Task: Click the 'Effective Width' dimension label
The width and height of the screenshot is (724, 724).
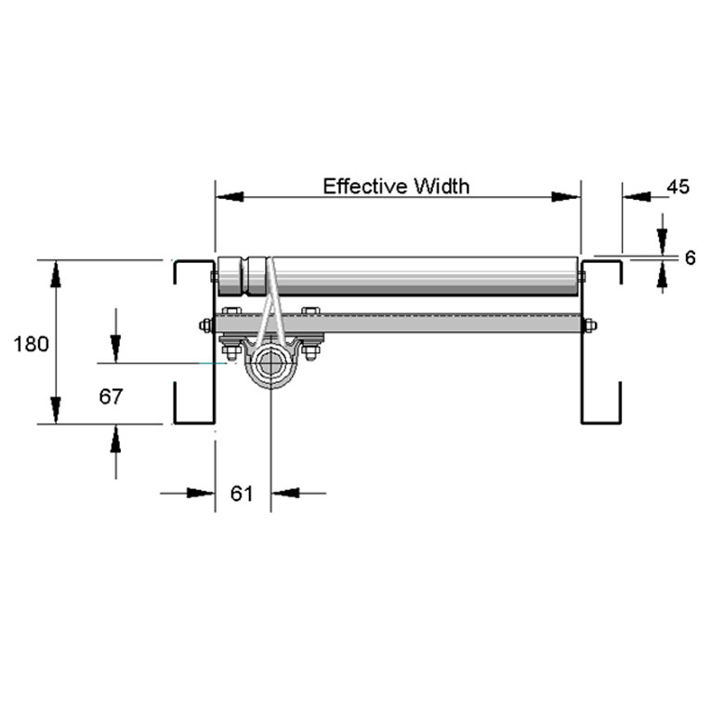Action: [396, 186]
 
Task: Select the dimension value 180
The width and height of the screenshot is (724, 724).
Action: [31, 344]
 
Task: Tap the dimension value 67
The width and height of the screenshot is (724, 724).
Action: [111, 397]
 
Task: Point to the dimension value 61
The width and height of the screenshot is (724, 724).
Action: [242, 494]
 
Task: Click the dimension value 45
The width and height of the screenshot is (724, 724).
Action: [678, 187]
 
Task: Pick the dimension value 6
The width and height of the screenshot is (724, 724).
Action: [690, 258]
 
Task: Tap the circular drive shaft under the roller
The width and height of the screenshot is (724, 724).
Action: [270, 365]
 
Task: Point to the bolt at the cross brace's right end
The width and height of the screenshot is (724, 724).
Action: [588, 325]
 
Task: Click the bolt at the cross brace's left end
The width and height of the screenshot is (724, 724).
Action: [204, 325]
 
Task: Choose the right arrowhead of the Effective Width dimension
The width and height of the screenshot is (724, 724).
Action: [565, 197]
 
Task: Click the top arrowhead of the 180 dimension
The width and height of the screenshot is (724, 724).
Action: [56, 275]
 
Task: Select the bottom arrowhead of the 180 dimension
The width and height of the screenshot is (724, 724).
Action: [56, 409]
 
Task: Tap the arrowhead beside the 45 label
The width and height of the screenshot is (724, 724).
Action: [638, 197]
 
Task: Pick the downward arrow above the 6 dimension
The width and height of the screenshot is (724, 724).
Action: [662, 240]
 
